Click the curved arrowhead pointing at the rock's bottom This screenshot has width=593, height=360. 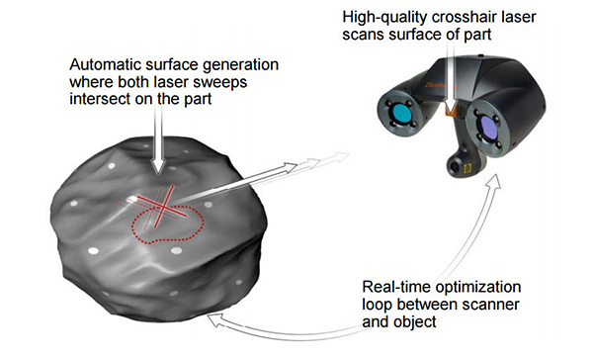(212, 316)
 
